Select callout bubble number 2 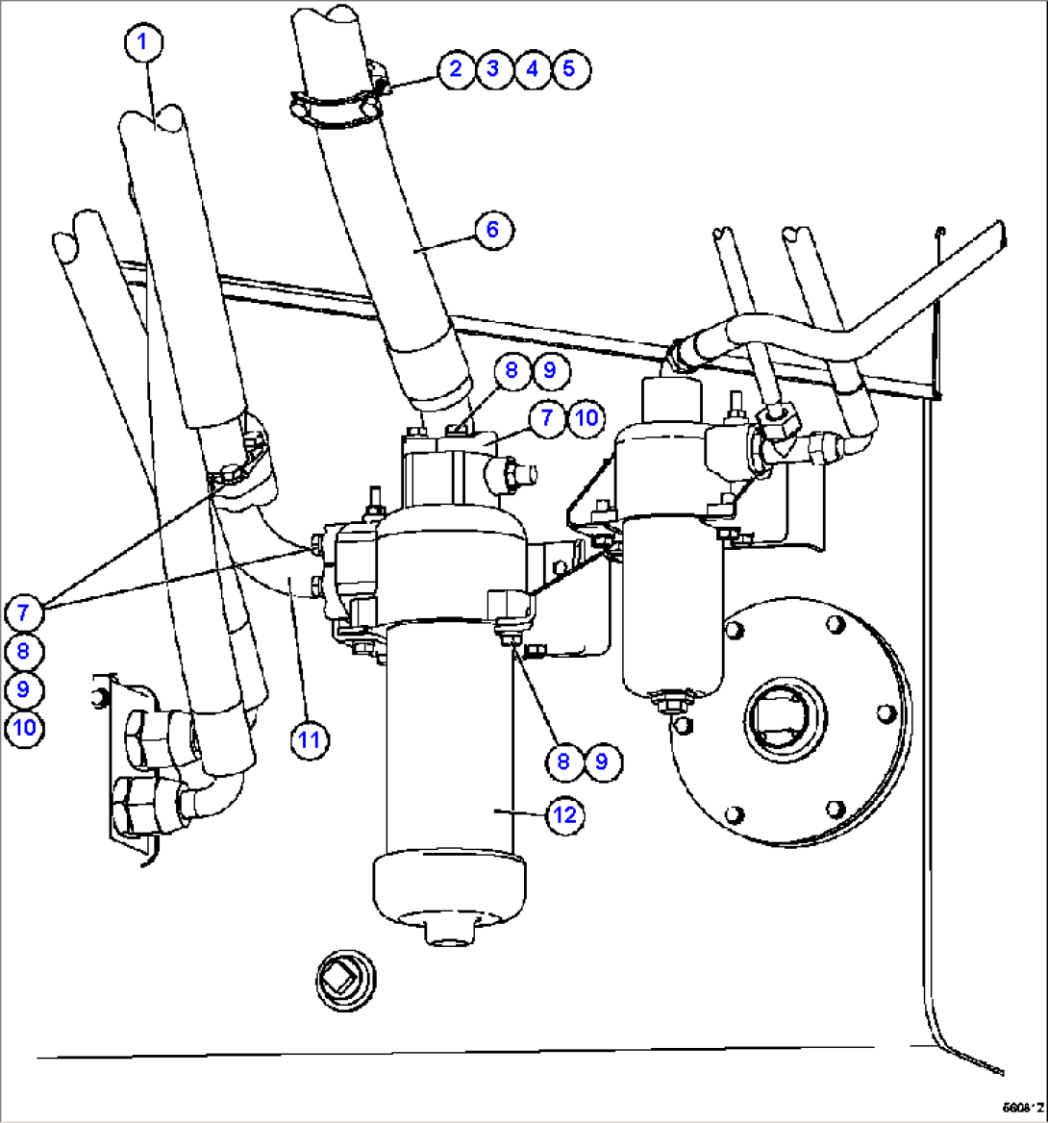coord(456,68)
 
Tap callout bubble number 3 coord(493,68)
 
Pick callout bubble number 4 coord(531,68)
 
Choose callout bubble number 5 coord(568,68)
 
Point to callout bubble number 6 coord(492,230)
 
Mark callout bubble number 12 coord(564,814)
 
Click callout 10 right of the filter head coord(585,417)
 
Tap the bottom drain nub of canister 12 coord(449,930)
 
